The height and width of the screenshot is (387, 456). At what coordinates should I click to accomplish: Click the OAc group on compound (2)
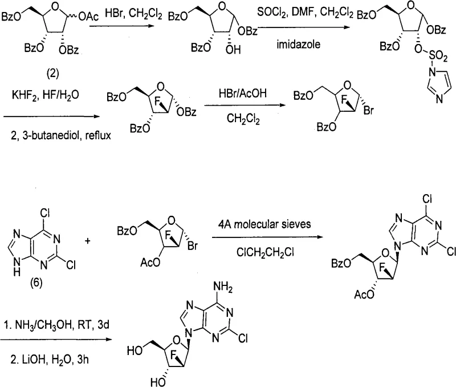[89, 21]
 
